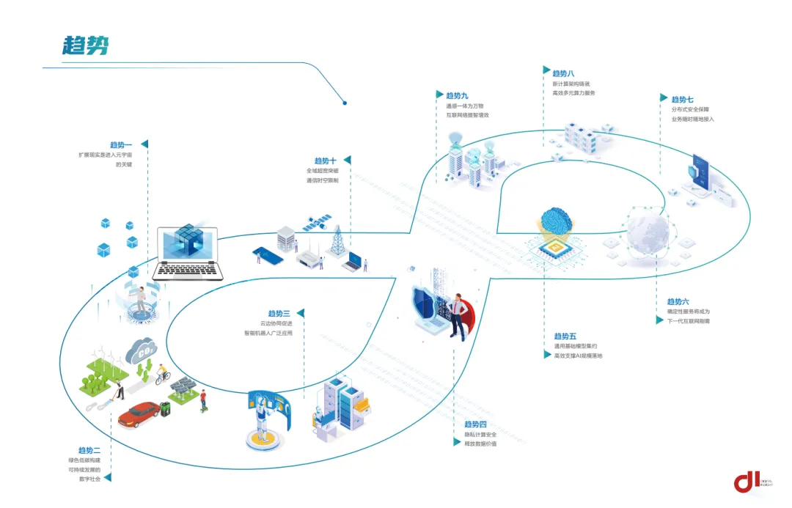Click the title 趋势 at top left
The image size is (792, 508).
click(86, 45)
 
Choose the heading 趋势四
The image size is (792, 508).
click(475, 424)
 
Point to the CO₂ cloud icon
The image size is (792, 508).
click(141, 351)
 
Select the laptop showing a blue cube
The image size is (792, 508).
click(188, 253)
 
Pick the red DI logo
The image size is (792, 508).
click(747, 481)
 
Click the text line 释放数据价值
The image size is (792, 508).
click(480, 443)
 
